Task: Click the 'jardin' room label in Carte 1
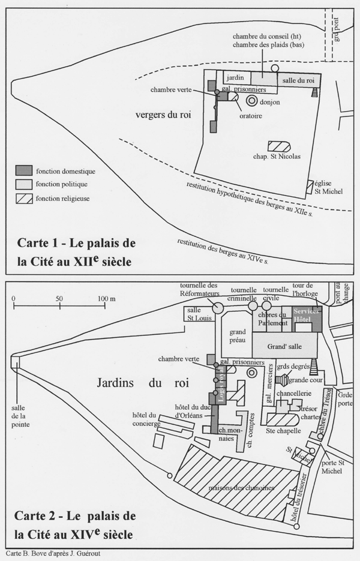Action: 235,78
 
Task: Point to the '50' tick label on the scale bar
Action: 59,298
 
